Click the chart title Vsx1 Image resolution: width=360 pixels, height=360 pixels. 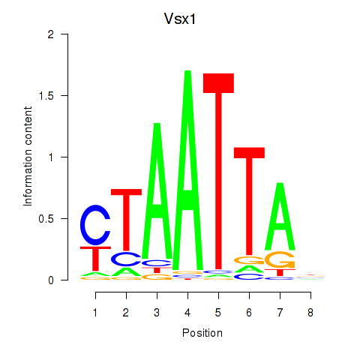(180, 19)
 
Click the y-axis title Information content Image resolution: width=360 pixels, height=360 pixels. (28, 157)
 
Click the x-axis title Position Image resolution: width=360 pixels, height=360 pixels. (202, 333)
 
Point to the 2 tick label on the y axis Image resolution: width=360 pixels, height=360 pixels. (51, 34)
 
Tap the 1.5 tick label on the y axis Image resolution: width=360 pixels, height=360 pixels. (46, 96)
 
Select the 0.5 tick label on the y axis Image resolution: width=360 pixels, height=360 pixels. (46, 219)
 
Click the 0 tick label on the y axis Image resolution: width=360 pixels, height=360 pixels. (51, 280)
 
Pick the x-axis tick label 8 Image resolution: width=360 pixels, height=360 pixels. (310, 313)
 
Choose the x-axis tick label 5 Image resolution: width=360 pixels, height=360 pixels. (218, 313)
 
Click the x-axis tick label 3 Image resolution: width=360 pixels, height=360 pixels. (157, 313)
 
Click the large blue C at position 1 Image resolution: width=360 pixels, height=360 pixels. (95, 225)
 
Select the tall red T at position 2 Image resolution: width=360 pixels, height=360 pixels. (127, 220)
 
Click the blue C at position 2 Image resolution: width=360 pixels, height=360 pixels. (127, 259)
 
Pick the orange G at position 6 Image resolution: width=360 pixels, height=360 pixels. (249, 260)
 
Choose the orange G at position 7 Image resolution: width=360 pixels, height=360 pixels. (280, 260)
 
